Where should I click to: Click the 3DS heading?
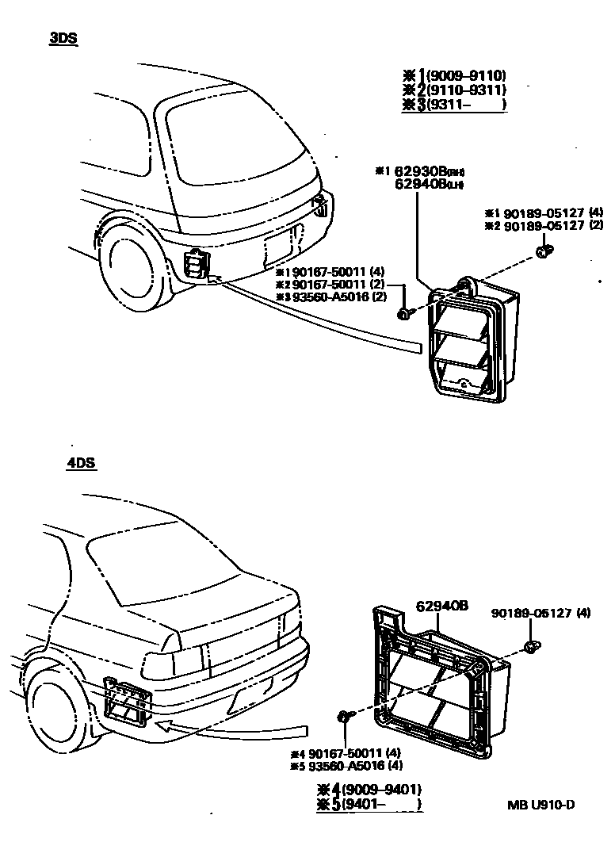(x=63, y=38)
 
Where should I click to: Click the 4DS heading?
(x=82, y=463)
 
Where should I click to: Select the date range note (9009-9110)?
(x=456, y=76)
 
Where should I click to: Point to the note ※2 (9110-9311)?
(x=456, y=90)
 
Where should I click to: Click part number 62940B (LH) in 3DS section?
(x=428, y=185)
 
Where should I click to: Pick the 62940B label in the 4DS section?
(x=441, y=607)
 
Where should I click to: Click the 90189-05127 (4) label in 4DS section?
(x=541, y=613)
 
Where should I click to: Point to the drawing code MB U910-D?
(x=541, y=806)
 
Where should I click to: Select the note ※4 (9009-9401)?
(x=369, y=790)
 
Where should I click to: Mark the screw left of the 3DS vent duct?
(x=404, y=315)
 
